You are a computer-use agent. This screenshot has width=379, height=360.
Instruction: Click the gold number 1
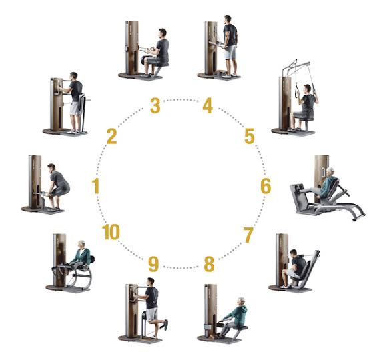[x=96, y=186]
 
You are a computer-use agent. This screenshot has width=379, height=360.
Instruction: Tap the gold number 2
[x=112, y=137]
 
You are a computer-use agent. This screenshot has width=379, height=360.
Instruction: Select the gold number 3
[x=155, y=105]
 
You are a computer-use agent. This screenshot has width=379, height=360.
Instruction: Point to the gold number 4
[x=208, y=105]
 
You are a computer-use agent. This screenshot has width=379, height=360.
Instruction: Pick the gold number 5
[x=250, y=137]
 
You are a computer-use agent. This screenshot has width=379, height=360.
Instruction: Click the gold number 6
[x=266, y=186]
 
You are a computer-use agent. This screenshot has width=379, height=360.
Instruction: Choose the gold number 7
[x=248, y=235]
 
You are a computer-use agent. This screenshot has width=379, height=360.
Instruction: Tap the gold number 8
[x=209, y=264]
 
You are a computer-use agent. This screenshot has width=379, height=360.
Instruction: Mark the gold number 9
[x=153, y=264]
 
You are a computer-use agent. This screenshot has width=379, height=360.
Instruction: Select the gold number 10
[x=111, y=232]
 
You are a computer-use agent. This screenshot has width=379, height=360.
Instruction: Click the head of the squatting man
[x=52, y=167]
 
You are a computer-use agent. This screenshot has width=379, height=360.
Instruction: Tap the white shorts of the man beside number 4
[x=230, y=52]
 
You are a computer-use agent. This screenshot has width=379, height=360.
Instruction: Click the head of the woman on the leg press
[x=330, y=173]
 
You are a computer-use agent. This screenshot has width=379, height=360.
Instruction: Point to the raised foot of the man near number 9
[x=165, y=325]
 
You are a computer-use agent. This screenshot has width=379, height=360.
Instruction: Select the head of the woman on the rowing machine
[x=242, y=302]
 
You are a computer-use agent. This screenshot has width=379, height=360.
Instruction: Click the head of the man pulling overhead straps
[x=307, y=89]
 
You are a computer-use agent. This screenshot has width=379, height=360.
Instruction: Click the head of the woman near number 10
[x=81, y=245]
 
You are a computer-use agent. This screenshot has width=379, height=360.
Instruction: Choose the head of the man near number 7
[x=293, y=253]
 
